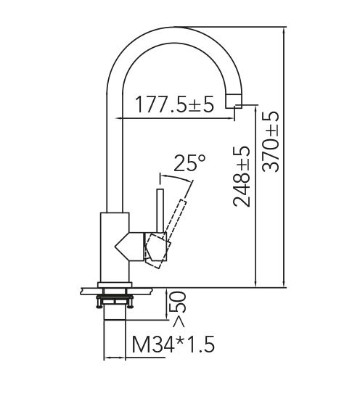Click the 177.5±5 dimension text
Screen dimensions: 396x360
[x=173, y=106]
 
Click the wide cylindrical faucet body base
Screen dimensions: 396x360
[x=114, y=247]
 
